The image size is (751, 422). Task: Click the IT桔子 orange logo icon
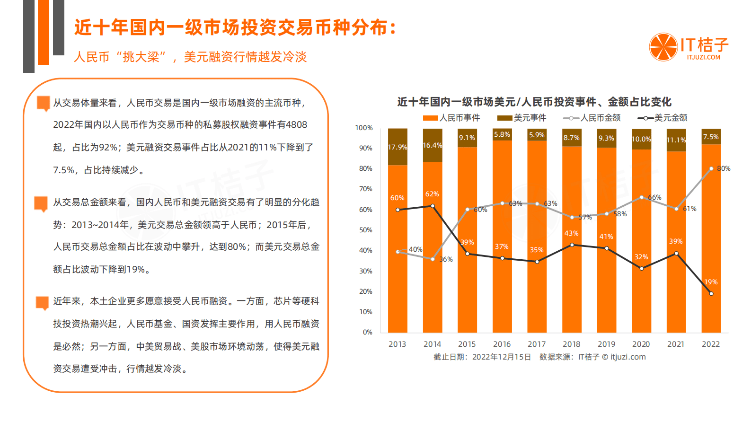coord(663,47)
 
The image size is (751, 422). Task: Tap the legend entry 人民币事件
coord(451,118)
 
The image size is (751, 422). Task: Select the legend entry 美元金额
coord(663,118)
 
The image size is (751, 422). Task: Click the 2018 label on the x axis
coord(571,344)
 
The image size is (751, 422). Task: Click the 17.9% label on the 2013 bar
coord(397,147)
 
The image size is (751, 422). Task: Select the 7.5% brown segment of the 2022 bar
coord(711,137)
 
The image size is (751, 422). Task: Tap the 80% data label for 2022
coord(724,168)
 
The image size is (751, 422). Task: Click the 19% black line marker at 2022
coord(711,293)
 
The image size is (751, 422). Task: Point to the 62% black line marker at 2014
coord(433,206)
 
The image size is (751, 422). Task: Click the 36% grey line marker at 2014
coord(433,259)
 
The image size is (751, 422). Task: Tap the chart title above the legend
coord(534,102)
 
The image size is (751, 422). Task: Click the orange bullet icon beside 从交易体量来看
coord(44,103)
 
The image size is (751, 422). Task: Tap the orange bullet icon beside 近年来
coord(42,302)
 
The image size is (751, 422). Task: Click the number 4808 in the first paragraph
coord(296,124)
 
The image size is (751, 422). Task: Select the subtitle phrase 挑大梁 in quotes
coord(141,57)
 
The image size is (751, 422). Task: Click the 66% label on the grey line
coord(654,197)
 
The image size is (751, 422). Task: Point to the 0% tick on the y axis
coord(367,332)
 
